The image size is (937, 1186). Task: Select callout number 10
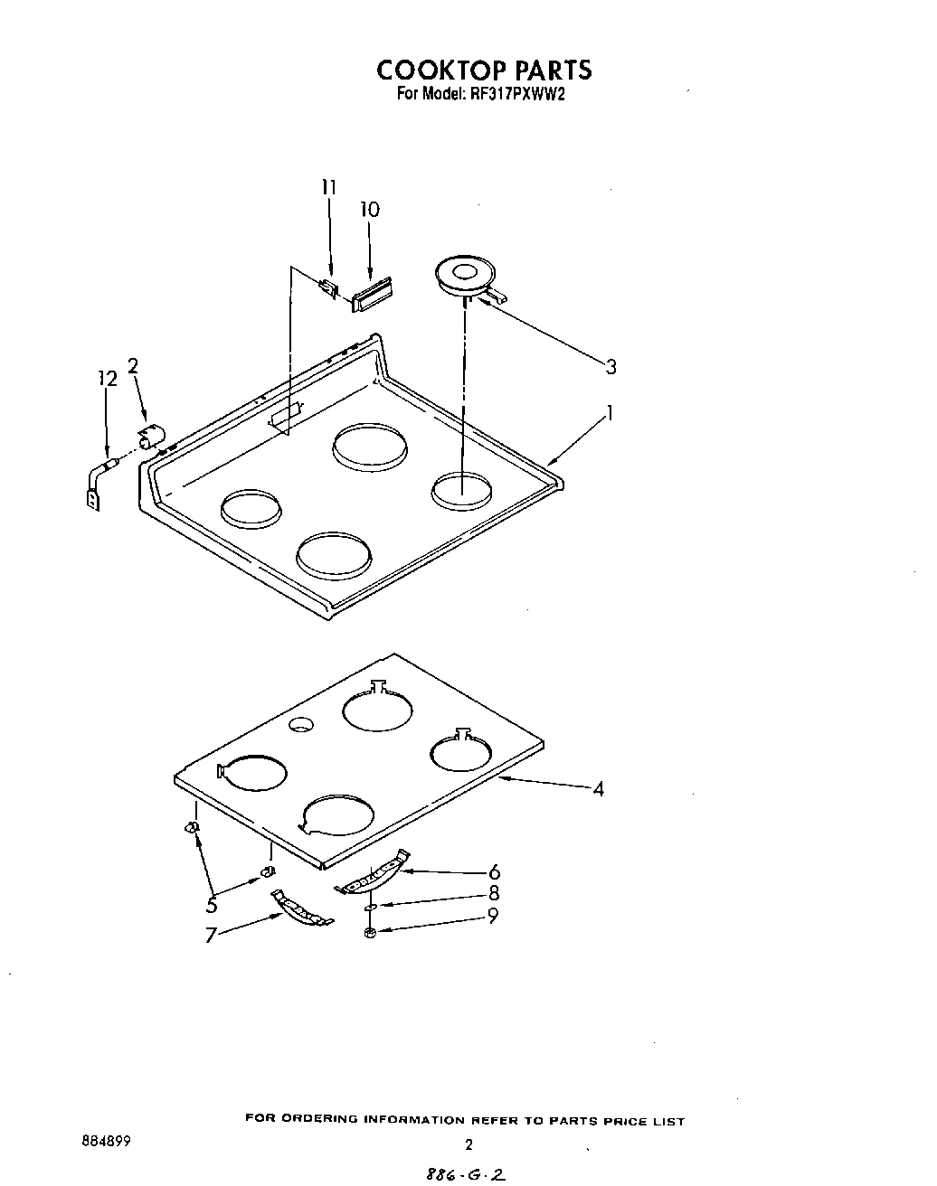click(x=369, y=210)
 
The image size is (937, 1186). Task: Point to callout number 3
click(x=611, y=366)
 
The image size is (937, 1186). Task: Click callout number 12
click(x=108, y=380)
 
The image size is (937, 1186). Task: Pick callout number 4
click(x=598, y=789)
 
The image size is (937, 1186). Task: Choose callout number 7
click(x=210, y=936)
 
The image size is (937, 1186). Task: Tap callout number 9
click(x=493, y=915)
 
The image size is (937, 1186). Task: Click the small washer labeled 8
click(x=372, y=905)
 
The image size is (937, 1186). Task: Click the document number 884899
click(x=106, y=1142)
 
